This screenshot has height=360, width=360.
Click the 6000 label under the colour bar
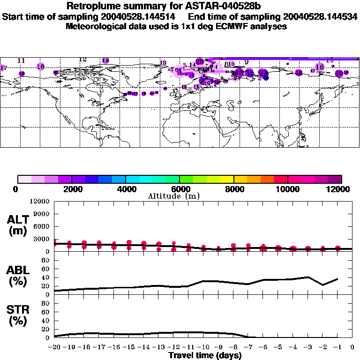[180, 189]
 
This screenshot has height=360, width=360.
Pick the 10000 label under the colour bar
[287, 189]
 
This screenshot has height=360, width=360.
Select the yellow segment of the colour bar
[227, 179]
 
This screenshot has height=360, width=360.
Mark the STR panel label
[19, 315]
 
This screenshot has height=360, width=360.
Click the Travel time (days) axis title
[205, 355]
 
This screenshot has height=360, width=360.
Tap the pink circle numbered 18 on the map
[41, 67]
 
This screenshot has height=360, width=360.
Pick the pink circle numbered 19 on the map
[105, 60]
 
